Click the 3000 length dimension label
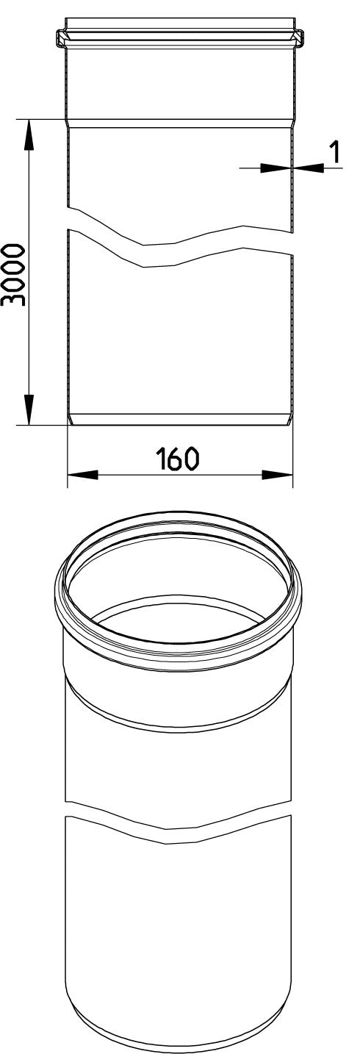tap(13, 275)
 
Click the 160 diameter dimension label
tap(178, 459)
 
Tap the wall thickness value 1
tap(335, 153)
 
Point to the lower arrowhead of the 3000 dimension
tap(29, 409)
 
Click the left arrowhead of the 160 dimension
tap(83, 475)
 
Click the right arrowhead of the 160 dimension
tap(277, 475)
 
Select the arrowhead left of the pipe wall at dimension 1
tap(275, 167)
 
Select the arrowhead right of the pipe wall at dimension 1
tap(309, 167)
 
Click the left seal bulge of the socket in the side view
tap(61, 38)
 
